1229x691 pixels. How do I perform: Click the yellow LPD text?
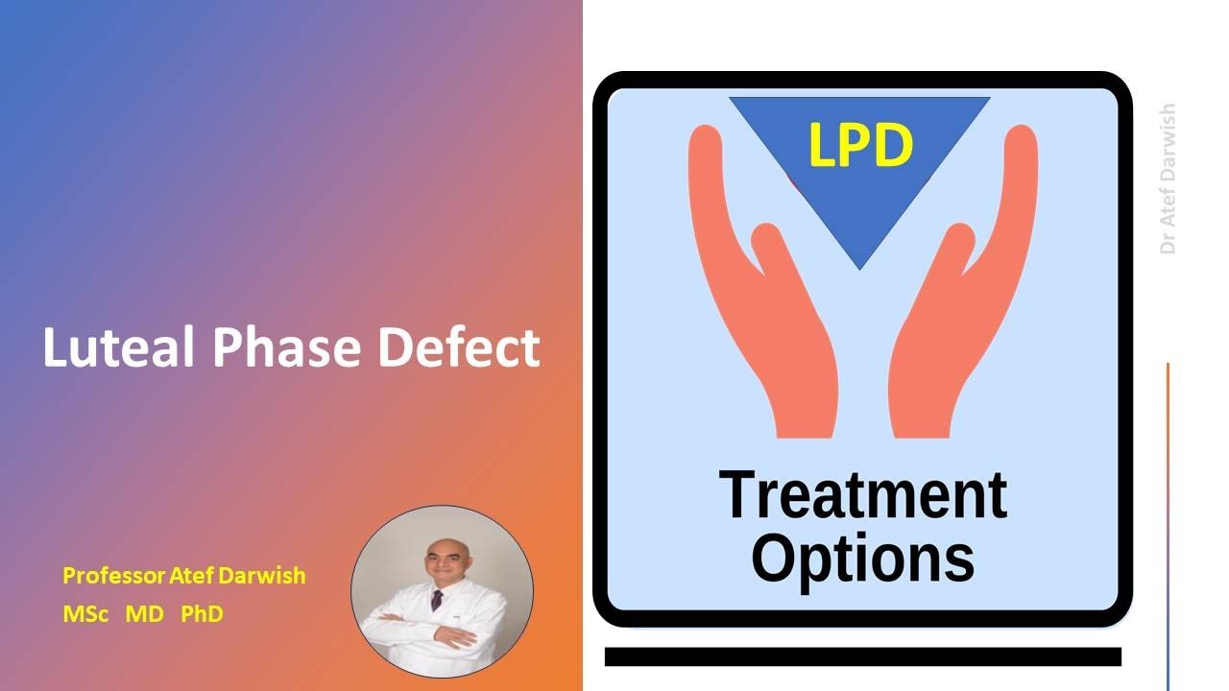point(859,146)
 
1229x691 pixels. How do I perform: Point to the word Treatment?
point(862,494)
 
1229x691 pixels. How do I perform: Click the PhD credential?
point(202,614)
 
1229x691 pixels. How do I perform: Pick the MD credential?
point(145,614)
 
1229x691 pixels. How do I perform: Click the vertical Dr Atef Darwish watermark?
point(1168,179)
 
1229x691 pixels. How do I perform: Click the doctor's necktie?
point(438,600)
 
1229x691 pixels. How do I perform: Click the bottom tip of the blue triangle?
point(859,262)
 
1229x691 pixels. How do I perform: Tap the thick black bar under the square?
point(862,656)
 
